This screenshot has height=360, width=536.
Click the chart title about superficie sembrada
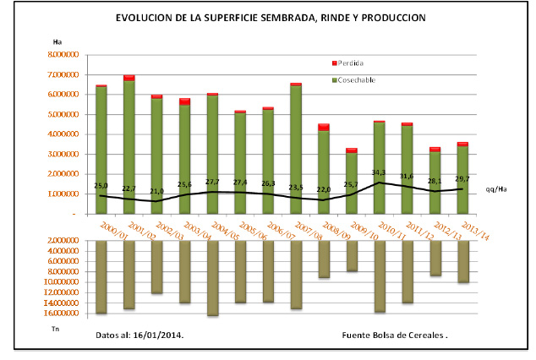tap(271, 17)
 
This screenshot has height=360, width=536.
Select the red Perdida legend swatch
tap(335, 63)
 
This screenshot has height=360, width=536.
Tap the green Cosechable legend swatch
tap(335, 79)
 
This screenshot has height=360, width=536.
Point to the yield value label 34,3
tap(379, 172)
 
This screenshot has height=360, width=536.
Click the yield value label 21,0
tap(156, 192)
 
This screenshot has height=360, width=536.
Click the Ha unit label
tap(57, 41)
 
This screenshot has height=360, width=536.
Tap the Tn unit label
tap(56, 328)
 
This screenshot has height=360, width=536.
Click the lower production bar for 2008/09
tap(323, 259)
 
